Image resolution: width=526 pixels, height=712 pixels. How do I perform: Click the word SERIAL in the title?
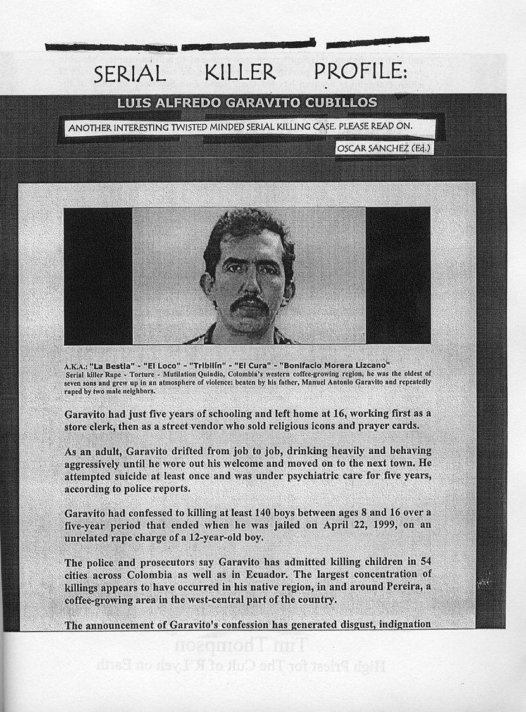pyautogui.click(x=130, y=73)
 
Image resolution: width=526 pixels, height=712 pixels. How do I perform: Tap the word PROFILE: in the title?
pyautogui.click(x=360, y=71)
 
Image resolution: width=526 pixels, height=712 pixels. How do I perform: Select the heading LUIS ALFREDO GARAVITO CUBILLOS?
pyautogui.click(x=247, y=103)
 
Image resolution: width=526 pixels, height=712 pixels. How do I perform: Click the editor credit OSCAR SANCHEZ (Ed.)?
pyautogui.click(x=385, y=148)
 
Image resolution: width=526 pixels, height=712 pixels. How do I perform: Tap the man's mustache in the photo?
pyautogui.click(x=250, y=303)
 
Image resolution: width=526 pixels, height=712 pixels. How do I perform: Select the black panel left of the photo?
pyautogui.click(x=98, y=276)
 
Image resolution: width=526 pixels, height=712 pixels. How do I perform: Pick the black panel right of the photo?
pyautogui.click(x=398, y=276)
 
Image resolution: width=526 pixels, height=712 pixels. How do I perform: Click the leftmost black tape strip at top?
pyautogui.click(x=111, y=48)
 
